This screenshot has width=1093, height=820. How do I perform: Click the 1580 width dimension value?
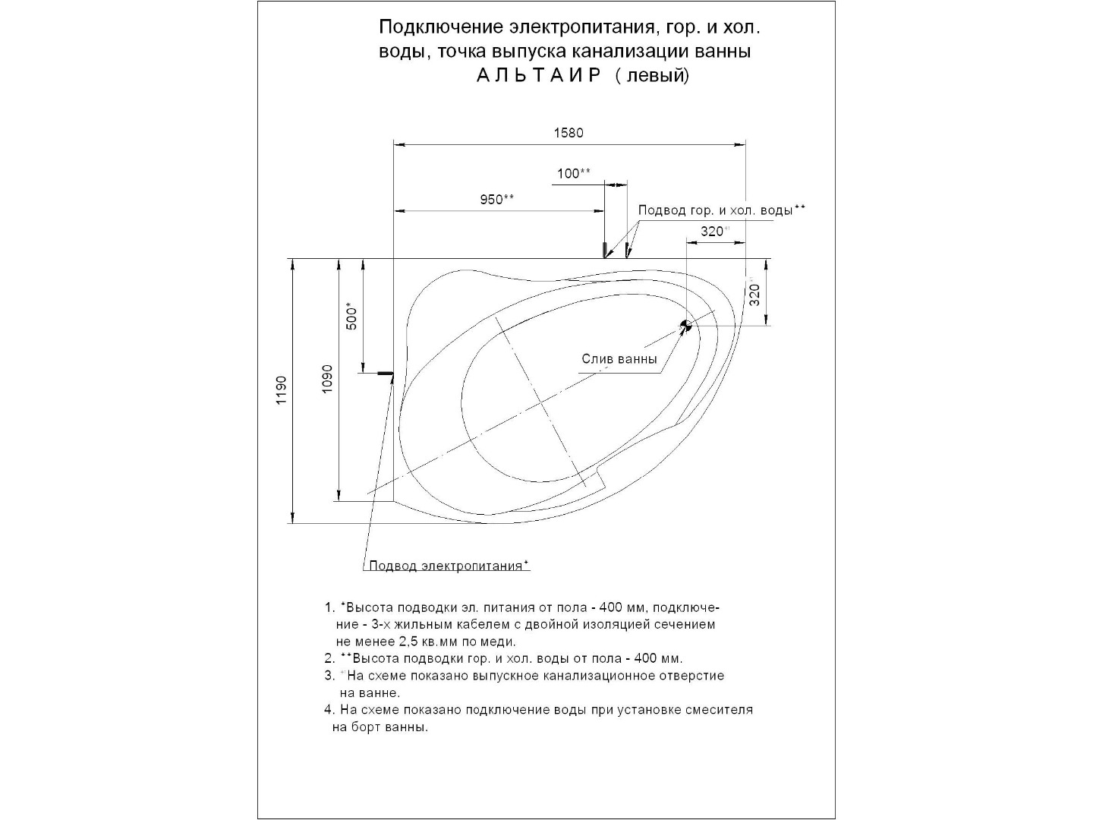tap(569, 133)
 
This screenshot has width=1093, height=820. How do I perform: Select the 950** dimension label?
tap(497, 200)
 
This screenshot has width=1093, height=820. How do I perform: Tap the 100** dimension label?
tap(573, 174)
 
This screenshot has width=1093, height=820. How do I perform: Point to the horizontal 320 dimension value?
tap(711, 232)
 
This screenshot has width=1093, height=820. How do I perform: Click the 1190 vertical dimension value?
tap(282, 390)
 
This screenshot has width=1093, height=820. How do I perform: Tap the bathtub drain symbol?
tap(685, 326)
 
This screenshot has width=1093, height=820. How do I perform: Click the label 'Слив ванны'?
tap(619, 359)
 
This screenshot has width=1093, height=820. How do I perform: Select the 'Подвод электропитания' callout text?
tap(449, 566)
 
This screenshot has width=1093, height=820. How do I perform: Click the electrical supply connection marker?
tap(386, 374)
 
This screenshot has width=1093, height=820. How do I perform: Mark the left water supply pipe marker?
tap(605, 250)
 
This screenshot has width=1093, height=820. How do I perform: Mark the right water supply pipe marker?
tap(627, 250)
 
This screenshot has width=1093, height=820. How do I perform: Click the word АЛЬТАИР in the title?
tap(539, 76)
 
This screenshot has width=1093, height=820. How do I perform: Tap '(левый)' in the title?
tap(653, 76)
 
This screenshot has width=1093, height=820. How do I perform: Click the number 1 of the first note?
tap(329, 608)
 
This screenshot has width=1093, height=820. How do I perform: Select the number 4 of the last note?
tap(329, 710)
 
